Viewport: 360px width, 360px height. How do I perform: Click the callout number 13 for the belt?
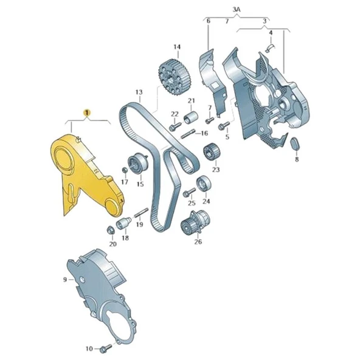[x=139, y=93]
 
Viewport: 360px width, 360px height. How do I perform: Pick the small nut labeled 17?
[x=125, y=168]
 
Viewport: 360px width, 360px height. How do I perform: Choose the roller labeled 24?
[x=202, y=182]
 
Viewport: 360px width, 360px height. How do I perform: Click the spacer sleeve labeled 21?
[x=190, y=117]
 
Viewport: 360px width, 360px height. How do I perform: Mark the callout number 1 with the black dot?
[x=87, y=112]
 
